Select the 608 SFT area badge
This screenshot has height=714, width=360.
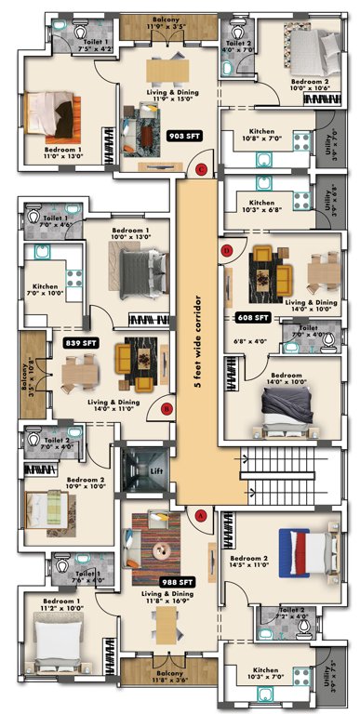(x=252, y=317)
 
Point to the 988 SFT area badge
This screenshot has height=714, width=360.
(x=177, y=580)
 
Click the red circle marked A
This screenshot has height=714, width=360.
(x=200, y=513)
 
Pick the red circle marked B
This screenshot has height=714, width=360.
(x=167, y=407)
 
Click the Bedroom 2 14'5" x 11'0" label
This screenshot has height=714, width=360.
(x=248, y=562)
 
